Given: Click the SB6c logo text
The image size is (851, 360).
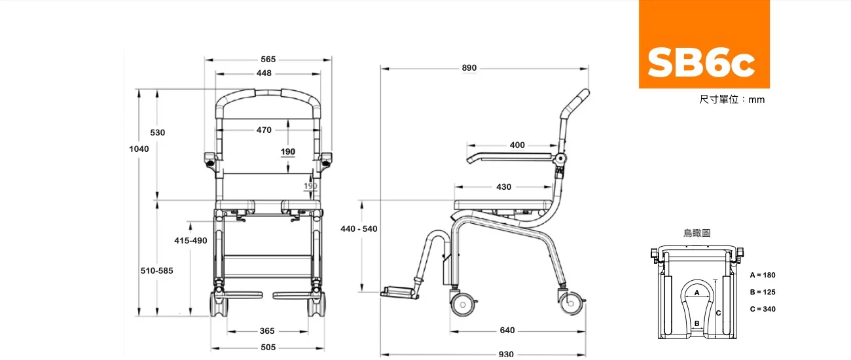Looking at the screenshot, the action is pos(701,62).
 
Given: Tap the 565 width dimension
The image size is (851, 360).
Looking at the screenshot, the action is pos(268,60).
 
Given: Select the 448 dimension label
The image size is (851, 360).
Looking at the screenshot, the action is pos(264,73).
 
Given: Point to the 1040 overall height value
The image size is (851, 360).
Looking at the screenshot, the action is pos(139,149).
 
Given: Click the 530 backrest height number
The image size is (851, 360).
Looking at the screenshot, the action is pos(158,132).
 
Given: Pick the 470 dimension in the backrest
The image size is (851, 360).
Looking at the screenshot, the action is pos(264,130).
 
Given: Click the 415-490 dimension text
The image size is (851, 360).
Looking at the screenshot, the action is pos(190,240).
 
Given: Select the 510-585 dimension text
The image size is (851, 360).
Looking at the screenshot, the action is pos(157,271).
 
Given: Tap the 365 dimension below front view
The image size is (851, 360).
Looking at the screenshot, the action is pos(267,331).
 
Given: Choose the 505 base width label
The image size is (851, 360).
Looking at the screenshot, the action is pos(268,348).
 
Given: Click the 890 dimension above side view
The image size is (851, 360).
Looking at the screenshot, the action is pos(469,67).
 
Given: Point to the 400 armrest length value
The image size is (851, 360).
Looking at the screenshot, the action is pos(517,145).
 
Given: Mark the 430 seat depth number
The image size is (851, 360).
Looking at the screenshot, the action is pos(504,187).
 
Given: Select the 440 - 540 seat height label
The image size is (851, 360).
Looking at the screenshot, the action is pos(359,228).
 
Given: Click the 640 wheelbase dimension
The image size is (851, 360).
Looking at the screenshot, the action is pos(507,331).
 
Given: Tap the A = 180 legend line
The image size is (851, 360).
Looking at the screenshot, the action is pos(763,275).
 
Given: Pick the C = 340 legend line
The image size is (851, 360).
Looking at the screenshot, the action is pos(763,309).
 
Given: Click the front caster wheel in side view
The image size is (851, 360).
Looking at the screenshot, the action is pos(463,304).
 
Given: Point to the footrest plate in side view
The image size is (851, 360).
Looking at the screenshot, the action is pos(398,292).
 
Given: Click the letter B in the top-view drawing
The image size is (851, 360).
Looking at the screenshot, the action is pos(697,323).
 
